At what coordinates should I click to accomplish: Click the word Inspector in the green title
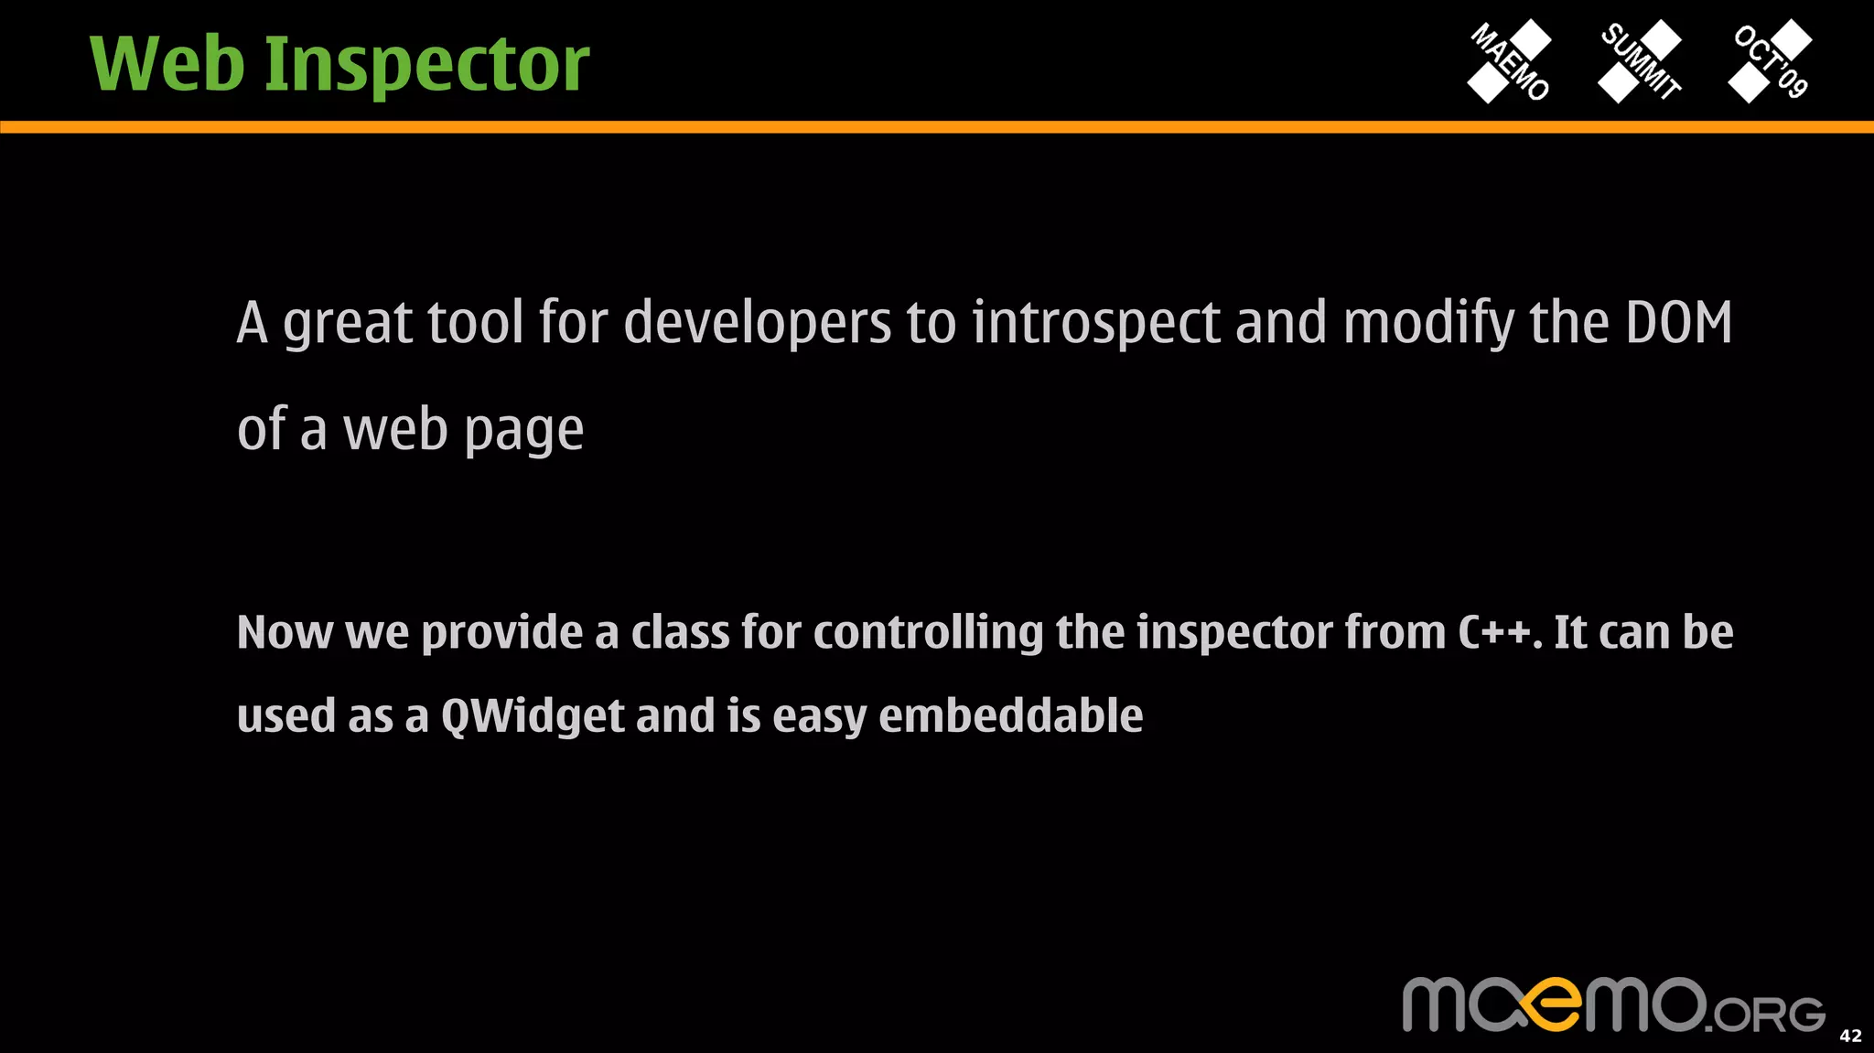click(x=426, y=66)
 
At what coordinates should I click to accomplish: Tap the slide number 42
click(x=1850, y=1036)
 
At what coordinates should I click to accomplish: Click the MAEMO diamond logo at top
click(x=1510, y=61)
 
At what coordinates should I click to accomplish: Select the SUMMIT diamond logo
click(x=1640, y=61)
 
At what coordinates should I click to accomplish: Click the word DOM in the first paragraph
click(x=1678, y=323)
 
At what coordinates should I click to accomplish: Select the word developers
click(x=757, y=323)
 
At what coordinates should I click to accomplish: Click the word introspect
click(x=1095, y=323)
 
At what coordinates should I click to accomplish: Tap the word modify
click(x=1427, y=323)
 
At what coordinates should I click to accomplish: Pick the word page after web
click(x=523, y=430)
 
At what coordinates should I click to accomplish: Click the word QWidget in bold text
click(x=533, y=715)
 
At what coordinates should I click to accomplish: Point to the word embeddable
click(x=1010, y=715)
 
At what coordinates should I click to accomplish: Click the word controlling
click(x=928, y=633)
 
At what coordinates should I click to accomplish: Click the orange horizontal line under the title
click(x=937, y=127)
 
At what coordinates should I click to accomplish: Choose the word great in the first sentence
click(x=348, y=325)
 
